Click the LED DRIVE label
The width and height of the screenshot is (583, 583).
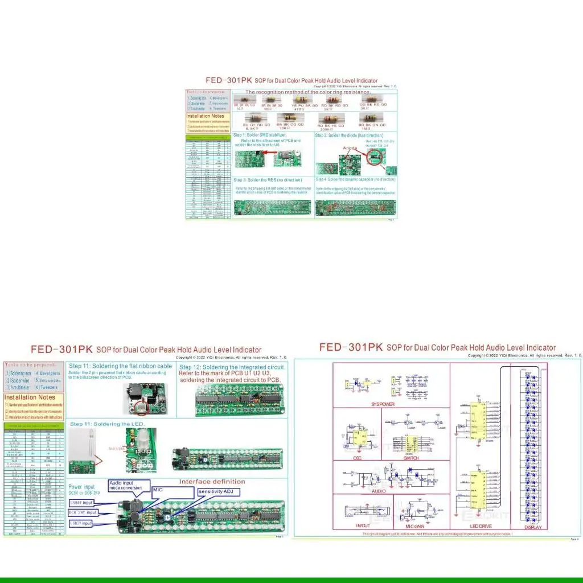[x=480, y=527]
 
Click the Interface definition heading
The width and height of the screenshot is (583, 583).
[x=212, y=482]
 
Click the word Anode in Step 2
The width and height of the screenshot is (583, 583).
[x=350, y=148]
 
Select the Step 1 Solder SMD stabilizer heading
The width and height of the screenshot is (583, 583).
[x=260, y=135]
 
